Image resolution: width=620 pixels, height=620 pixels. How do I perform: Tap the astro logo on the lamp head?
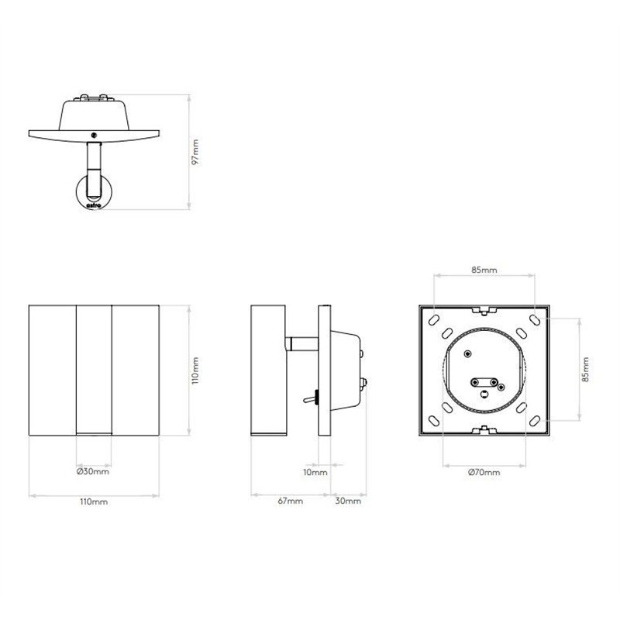pyautogui.click(x=93, y=206)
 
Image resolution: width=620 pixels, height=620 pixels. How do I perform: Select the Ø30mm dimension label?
pyautogui.click(x=93, y=472)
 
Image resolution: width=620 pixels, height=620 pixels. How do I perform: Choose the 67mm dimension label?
pyautogui.click(x=290, y=501)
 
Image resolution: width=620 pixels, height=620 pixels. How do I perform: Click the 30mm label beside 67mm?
pyautogui.click(x=349, y=501)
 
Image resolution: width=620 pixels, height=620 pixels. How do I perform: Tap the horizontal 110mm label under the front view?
pyautogui.click(x=94, y=501)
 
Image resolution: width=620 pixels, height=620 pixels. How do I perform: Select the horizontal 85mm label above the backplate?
pyautogui.click(x=485, y=270)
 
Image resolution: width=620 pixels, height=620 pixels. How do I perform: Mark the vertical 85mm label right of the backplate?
pyautogui.click(x=586, y=370)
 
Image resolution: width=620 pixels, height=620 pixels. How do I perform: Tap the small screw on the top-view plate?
pyautogui.click(x=94, y=134)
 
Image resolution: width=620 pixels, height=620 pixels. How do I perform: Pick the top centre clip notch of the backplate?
pyautogui.click(x=485, y=312)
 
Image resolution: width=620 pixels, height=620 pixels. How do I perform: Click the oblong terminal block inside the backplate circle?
pyautogui.click(x=485, y=382)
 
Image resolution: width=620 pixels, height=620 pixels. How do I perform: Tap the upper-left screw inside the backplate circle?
pyautogui.click(x=467, y=353)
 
